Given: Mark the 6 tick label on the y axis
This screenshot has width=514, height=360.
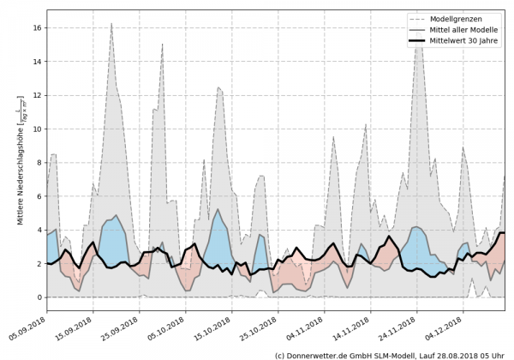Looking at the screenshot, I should [x=39, y=196].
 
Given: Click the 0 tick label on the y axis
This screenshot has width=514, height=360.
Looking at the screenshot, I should [x=39, y=297].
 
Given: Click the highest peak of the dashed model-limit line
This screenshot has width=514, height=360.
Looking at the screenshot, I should [x=111, y=24].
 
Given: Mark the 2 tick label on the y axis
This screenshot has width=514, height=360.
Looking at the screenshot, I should [x=39, y=264].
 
